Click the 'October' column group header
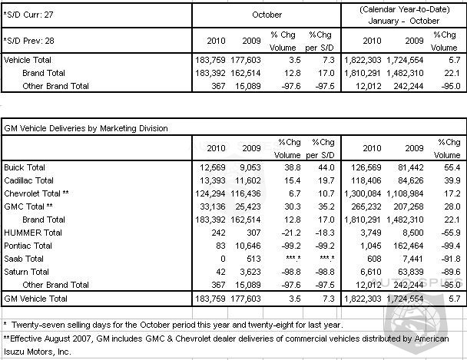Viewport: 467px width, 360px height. point(265,14)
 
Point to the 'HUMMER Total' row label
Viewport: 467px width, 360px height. point(32,231)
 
